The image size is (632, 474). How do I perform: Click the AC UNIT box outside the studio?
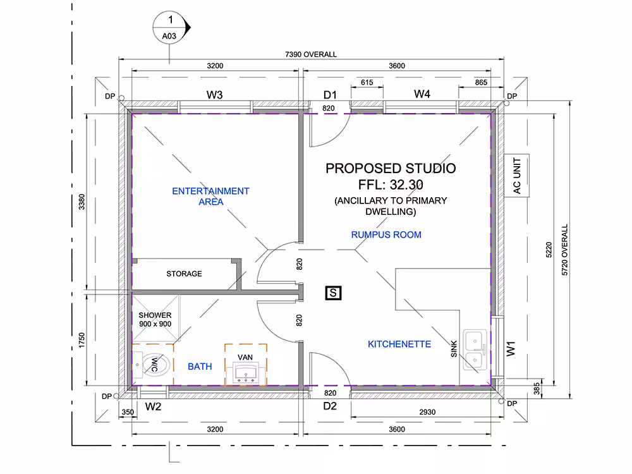[x=517, y=176]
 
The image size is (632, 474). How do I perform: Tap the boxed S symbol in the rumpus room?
[x=333, y=293]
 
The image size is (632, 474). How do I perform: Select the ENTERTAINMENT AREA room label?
[x=211, y=197]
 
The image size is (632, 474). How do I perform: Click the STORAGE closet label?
[x=184, y=274]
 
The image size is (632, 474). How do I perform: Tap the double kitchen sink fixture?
[x=475, y=349]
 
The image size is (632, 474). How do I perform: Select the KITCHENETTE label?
[x=399, y=344]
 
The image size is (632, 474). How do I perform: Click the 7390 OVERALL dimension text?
[x=311, y=54]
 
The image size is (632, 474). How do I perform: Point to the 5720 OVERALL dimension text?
[x=564, y=250]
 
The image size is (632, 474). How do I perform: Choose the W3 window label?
[x=214, y=95]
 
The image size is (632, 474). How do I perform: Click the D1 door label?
[x=330, y=95]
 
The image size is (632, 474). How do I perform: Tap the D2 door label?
[x=330, y=406]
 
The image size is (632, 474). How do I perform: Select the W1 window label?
[x=511, y=349]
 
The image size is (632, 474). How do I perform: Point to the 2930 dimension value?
[x=427, y=412]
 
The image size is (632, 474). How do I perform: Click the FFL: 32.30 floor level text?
[x=391, y=185]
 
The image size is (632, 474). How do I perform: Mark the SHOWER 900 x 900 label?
[x=155, y=320]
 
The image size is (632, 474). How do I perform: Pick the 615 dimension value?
[x=367, y=82]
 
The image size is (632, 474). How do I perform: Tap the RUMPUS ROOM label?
[x=386, y=234]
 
